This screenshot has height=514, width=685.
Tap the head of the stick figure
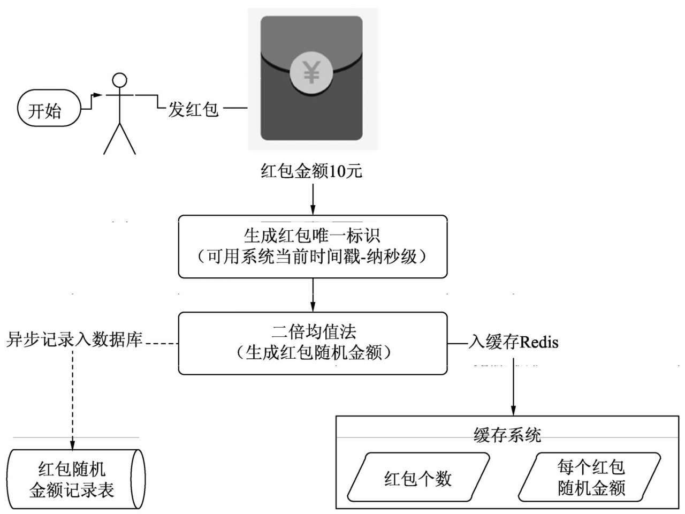pyautogui.click(x=119, y=80)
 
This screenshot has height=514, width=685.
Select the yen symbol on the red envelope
pyautogui.click(x=311, y=73)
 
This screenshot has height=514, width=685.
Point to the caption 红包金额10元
pyautogui.click(x=311, y=171)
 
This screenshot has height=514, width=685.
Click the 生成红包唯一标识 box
pyautogui.click(x=313, y=246)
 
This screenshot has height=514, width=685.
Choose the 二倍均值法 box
pyautogui.click(x=313, y=343)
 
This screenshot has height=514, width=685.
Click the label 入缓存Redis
pyautogui.click(x=513, y=342)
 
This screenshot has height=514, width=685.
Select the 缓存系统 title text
pyautogui.click(x=507, y=435)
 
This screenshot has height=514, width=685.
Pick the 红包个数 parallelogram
pyautogui.click(x=418, y=478)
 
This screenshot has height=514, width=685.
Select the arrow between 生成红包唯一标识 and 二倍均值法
pyautogui.click(x=313, y=295)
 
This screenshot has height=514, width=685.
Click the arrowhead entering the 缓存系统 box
pyautogui.click(x=514, y=410)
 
